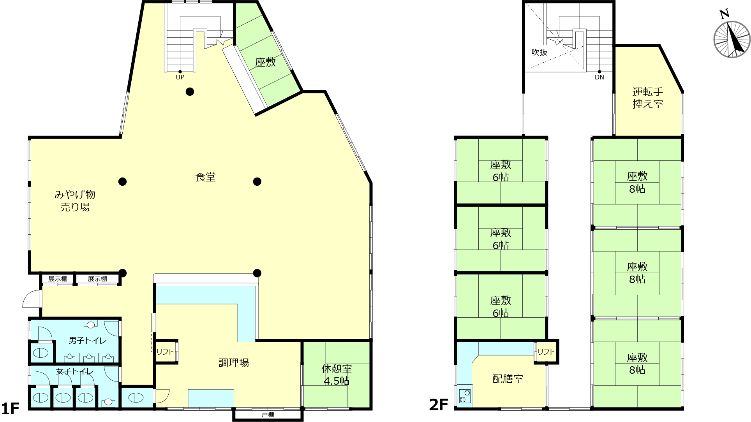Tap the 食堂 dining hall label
(x=205, y=177)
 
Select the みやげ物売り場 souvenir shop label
(x=75, y=201)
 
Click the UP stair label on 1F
(x=180, y=77)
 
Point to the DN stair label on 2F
(x=599, y=77)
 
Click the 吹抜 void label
(x=539, y=52)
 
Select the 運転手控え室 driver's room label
(x=648, y=98)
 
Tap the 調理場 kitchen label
(x=234, y=363)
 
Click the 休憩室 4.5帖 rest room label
(x=337, y=375)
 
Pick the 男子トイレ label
(x=88, y=341)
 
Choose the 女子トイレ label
(x=75, y=371)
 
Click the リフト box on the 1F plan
(x=166, y=352)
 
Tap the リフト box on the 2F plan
(x=546, y=352)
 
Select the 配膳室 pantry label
(x=508, y=379)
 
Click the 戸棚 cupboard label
(x=268, y=415)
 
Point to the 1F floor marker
(x=10, y=408)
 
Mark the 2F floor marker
(x=439, y=405)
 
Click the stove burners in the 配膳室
(x=465, y=396)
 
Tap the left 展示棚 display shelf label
(x=58, y=279)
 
